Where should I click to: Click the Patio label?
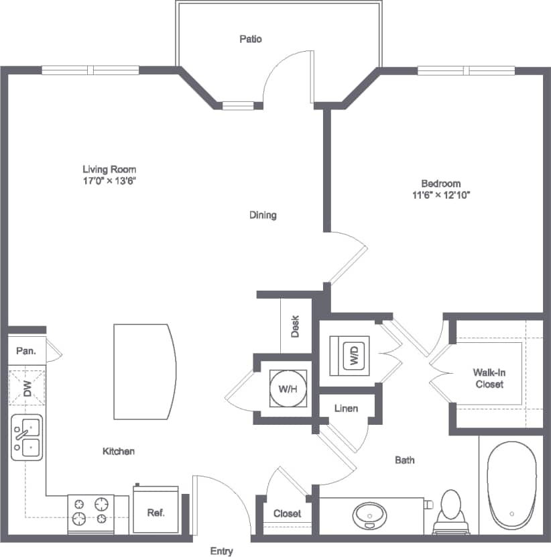pyautogui.click(x=250, y=39)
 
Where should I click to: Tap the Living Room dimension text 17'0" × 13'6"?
pyautogui.click(x=109, y=181)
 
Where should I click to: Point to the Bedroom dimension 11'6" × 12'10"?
pyautogui.click(x=440, y=195)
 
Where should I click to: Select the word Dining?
pyautogui.click(x=263, y=215)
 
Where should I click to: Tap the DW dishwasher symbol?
pyautogui.click(x=27, y=389)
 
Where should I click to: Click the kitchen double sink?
pyautogui.click(x=26, y=437)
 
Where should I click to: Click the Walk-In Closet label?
pyautogui.click(x=489, y=378)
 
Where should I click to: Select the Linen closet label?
pyautogui.click(x=345, y=408)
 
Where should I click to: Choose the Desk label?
pyautogui.click(x=295, y=327)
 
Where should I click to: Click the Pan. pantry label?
pyautogui.click(x=27, y=350)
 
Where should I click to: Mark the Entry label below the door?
pyautogui.click(x=221, y=551)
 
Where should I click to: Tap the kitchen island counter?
pyautogui.click(x=143, y=370)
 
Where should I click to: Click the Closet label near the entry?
pyautogui.click(x=287, y=513)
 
